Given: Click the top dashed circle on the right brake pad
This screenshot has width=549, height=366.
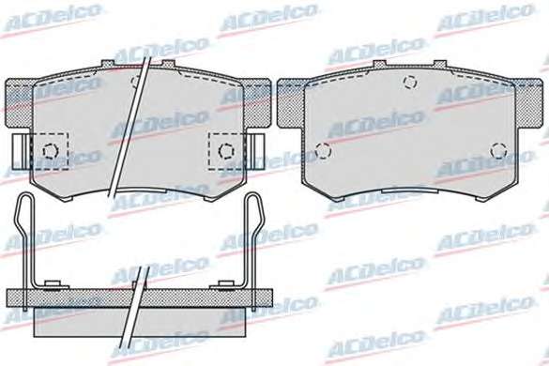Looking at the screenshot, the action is pos(410,82).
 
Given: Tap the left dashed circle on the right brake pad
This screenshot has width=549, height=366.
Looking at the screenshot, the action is pos(323,151).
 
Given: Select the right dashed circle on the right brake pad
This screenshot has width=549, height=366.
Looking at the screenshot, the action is pos(498,150).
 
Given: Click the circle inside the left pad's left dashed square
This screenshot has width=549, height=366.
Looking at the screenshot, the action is pos(51,151).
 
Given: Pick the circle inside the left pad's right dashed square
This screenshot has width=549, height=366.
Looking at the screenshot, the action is pos(226,151).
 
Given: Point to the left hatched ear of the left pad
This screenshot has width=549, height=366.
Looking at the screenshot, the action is pos(20,102).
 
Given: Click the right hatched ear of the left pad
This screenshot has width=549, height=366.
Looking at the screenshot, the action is pos(256,102).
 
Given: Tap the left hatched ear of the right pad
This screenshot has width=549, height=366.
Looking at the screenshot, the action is pos(291,102).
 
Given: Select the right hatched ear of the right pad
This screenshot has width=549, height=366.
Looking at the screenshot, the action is pos(528,102).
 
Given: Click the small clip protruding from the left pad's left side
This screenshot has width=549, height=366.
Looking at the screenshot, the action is pos(21,152).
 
